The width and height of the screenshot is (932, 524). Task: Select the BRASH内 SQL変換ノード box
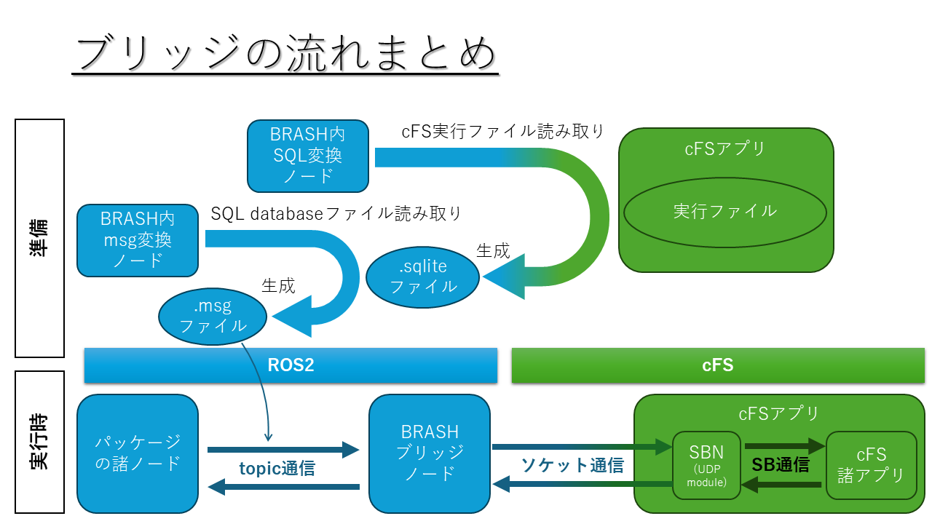click(307, 156)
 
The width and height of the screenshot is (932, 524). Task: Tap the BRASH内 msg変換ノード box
click(138, 240)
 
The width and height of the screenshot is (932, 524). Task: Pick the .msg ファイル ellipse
click(213, 317)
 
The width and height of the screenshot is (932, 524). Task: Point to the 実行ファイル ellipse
click(724, 212)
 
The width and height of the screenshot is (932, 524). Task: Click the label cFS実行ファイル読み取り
click(503, 132)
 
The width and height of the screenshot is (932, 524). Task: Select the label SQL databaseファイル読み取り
click(336, 213)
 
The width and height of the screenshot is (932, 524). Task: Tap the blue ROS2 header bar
click(291, 365)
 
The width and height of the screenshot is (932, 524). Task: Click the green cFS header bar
click(717, 365)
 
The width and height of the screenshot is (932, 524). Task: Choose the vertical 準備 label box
click(40, 238)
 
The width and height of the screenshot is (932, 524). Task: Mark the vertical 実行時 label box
click(40, 442)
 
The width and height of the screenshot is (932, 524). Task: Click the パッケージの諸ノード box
click(138, 453)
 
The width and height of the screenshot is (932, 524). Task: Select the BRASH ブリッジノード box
click(429, 453)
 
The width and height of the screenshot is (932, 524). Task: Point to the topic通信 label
click(277, 469)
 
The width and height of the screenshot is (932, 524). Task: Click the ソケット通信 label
click(572, 465)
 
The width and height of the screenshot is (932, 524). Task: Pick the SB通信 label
click(780, 465)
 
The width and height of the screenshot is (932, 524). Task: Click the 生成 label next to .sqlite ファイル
click(493, 251)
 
